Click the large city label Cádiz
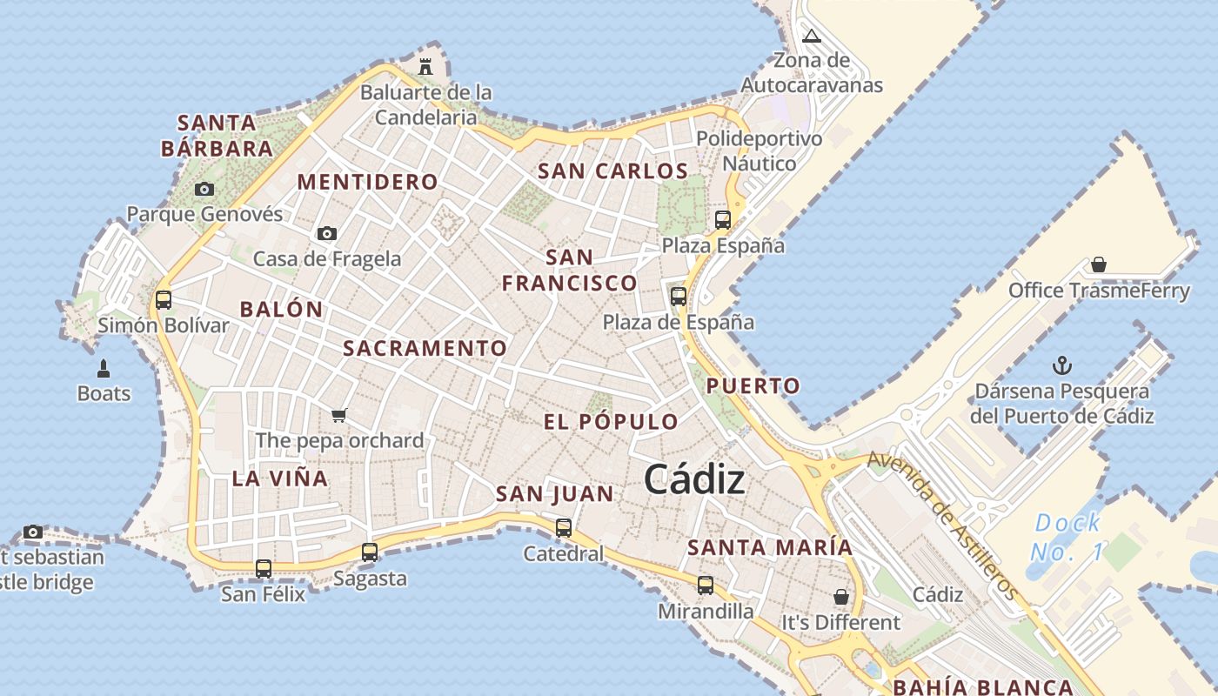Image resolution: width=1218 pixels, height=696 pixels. (694, 479)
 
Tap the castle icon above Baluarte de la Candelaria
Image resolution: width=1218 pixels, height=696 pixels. (425, 66)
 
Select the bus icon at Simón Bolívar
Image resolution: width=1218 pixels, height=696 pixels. (163, 300)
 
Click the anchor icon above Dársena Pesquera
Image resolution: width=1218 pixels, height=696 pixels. (1061, 365)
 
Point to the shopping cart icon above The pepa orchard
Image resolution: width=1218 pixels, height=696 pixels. (339, 415)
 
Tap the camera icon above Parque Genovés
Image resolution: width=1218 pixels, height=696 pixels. (204, 189)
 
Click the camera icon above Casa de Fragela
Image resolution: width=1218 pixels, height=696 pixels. (327, 233)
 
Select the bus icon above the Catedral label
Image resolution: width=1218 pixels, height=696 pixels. (564, 527)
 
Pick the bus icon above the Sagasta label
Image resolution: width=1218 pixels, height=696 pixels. (370, 552)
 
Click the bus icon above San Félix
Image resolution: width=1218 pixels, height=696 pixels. (264, 568)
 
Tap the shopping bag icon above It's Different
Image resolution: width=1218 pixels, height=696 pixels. (840, 597)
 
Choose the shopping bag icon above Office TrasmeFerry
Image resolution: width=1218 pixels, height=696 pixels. (1099, 264)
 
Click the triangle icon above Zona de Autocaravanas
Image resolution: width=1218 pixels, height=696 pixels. (812, 37)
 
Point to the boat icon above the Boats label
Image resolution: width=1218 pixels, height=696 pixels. (104, 368)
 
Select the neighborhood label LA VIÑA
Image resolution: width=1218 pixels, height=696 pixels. (280, 478)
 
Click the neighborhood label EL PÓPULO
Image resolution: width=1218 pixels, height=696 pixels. (611, 422)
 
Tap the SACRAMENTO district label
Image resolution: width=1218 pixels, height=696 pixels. (425, 348)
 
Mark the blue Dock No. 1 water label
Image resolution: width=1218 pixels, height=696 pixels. (1067, 537)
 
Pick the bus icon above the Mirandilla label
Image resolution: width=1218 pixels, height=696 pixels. (706, 586)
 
